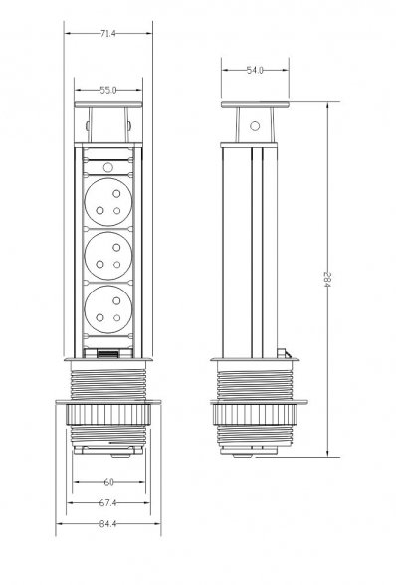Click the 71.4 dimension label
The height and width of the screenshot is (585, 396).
pyautogui.click(x=108, y=34)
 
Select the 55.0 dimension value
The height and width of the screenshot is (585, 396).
pyautogui.click(x=108, y=90)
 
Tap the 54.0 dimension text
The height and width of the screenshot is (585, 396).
pyautogui.click(x=255, y=70)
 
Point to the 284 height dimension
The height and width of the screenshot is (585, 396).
pyautogui.click(x=327, y=279)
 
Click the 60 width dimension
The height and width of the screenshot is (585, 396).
pyautogui.click(x=108, y=482)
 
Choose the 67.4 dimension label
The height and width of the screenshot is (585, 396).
pyautogui.click(x=107, y=503)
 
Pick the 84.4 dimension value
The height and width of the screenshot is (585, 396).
pyautogui.click(x=107, y=523)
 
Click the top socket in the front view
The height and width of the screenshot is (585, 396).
pyautogui.click(x=108, y=201)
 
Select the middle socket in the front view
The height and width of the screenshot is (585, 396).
pyautogui.click(x=108, y=256)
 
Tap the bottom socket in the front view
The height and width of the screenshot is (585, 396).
pyautogui.click(x=108, y=309)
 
